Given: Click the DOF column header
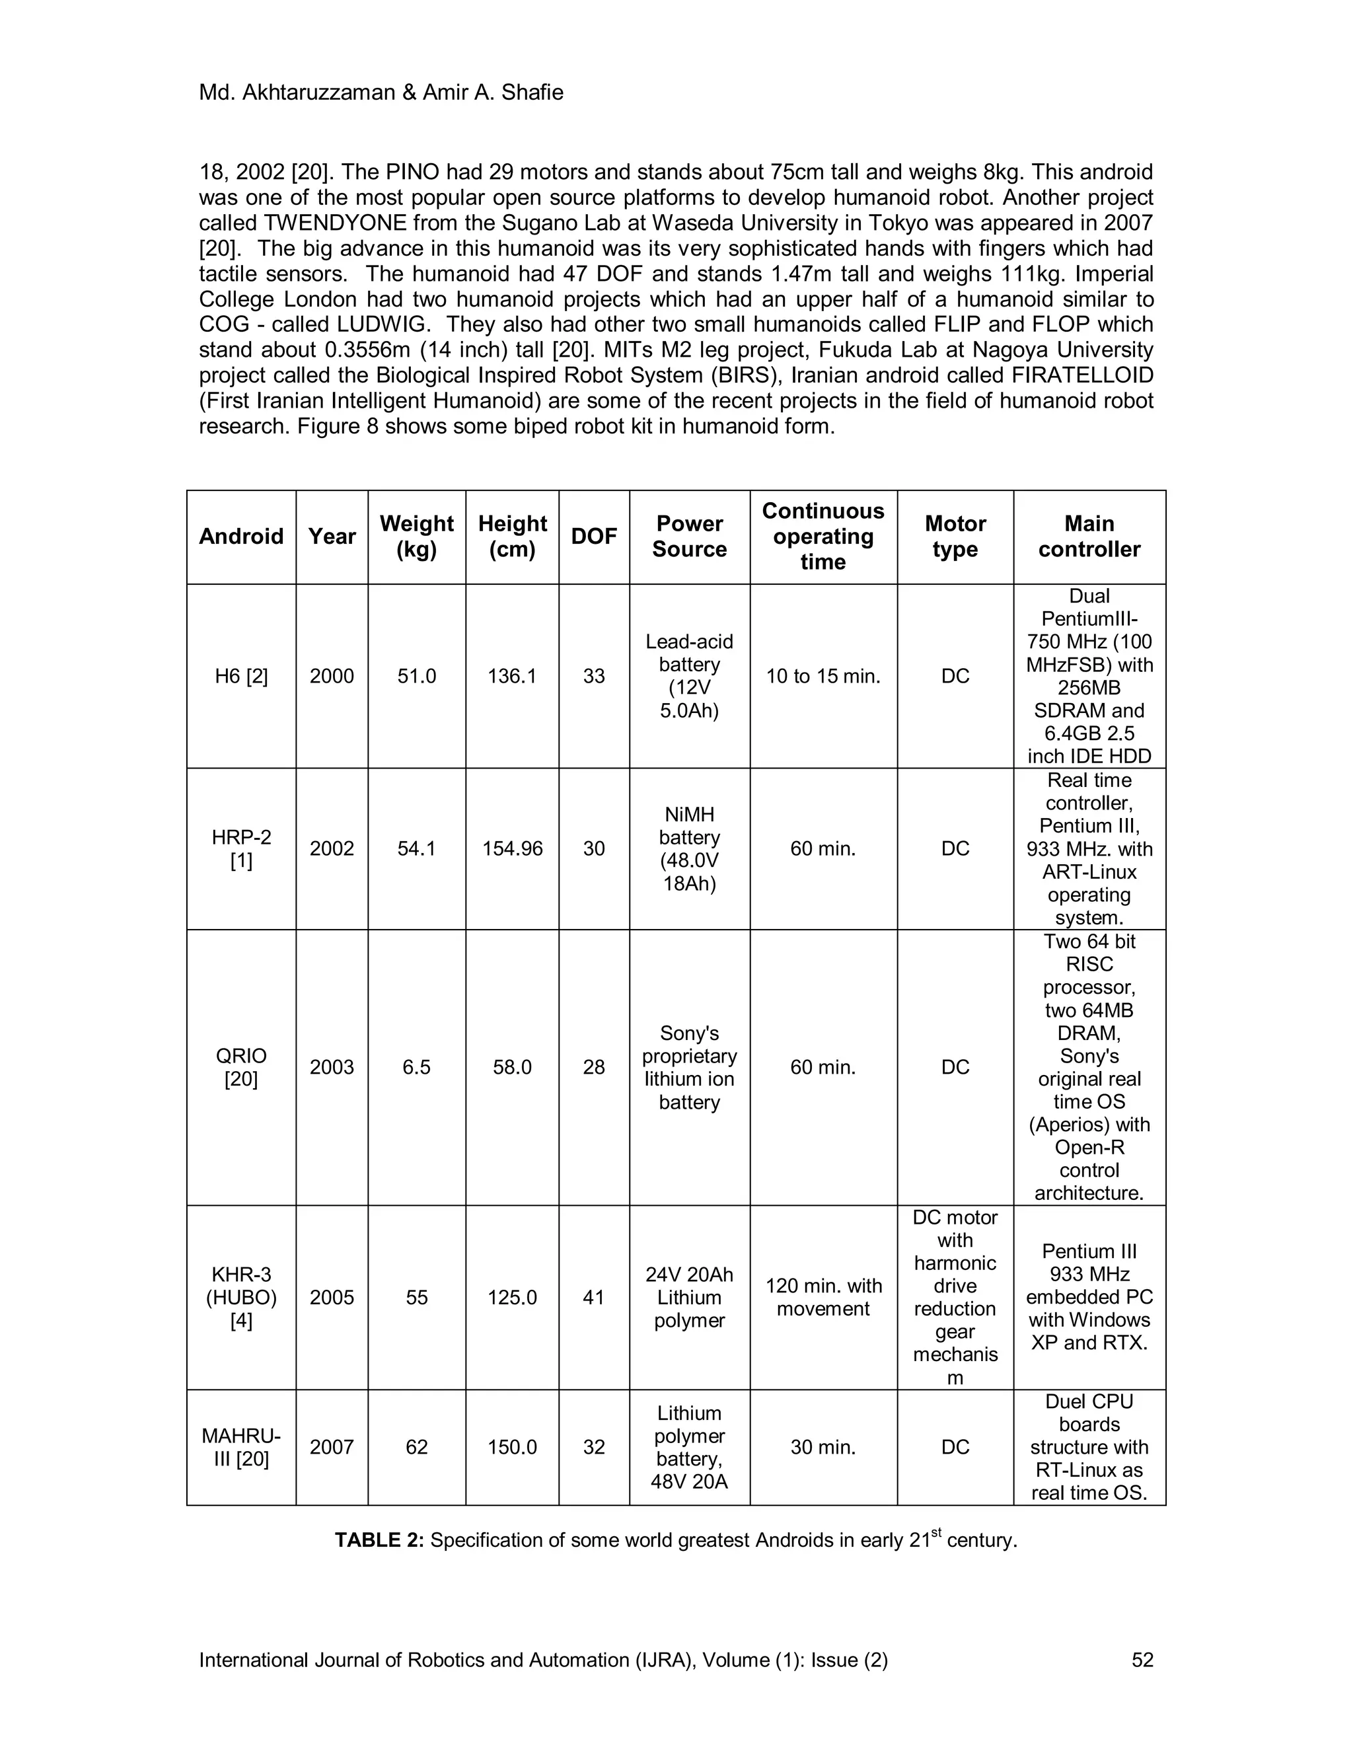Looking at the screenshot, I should click(593, 537).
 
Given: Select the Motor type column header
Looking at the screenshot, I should click(955, 537).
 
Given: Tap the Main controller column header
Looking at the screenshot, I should click(1089, 537).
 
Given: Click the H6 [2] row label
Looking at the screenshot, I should click(240, 676).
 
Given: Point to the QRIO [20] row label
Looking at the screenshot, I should click(240, 1067).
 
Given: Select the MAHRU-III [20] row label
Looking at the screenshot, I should click(240, 1447).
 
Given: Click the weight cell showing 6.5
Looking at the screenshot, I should click(416, 1067).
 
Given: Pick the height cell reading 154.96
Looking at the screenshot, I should click(511, 848).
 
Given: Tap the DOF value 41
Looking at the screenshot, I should click(593, 1297).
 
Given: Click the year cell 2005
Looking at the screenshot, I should click(331, 1297).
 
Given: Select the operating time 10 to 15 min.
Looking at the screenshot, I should click(823, 676).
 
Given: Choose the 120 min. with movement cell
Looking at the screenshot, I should click(823, 1297).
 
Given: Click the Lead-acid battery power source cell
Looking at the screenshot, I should click(688, 676).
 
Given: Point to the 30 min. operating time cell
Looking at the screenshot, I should click(823, 1447).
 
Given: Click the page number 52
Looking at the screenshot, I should click(1142, 1660).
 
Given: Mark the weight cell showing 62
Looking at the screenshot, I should click(416, 1447).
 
